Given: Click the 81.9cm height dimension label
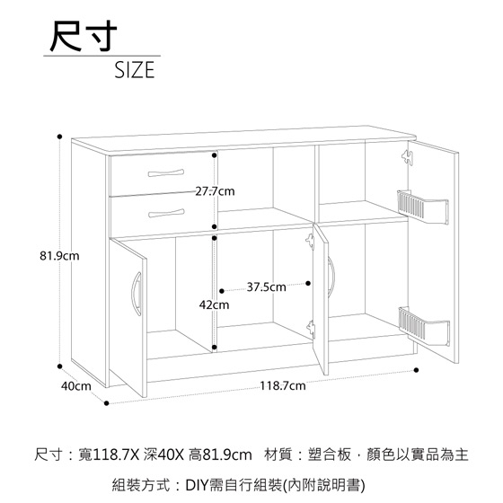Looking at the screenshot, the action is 59,256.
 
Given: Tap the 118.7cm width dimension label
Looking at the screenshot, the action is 283,385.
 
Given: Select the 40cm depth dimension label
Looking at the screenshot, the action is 76,386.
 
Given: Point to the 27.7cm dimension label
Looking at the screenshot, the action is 215,191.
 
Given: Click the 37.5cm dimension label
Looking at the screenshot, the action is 266,287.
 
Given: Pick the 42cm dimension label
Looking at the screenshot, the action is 215,304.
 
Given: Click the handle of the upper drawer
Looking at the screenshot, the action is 166,172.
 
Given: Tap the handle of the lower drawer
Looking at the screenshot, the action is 166,213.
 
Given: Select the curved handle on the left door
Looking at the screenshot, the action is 136,294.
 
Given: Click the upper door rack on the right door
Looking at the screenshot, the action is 423,207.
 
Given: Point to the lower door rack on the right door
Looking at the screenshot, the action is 424,326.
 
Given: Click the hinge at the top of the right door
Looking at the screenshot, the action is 408,157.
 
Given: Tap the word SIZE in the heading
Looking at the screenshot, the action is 135,70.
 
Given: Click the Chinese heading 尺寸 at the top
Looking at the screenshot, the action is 84,36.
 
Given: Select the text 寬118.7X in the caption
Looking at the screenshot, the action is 109,454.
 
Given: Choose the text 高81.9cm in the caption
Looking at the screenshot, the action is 220,454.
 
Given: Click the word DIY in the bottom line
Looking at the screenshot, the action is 197,485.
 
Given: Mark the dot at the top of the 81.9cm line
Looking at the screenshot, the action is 59,137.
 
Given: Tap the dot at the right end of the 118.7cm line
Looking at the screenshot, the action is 417,370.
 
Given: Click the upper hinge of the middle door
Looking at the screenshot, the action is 310,242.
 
